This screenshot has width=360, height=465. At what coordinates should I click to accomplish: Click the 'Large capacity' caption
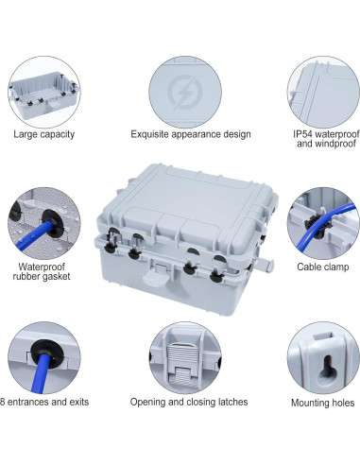43,134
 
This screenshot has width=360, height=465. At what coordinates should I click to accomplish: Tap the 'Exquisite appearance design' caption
190,134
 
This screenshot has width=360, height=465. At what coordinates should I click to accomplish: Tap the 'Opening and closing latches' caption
189,402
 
